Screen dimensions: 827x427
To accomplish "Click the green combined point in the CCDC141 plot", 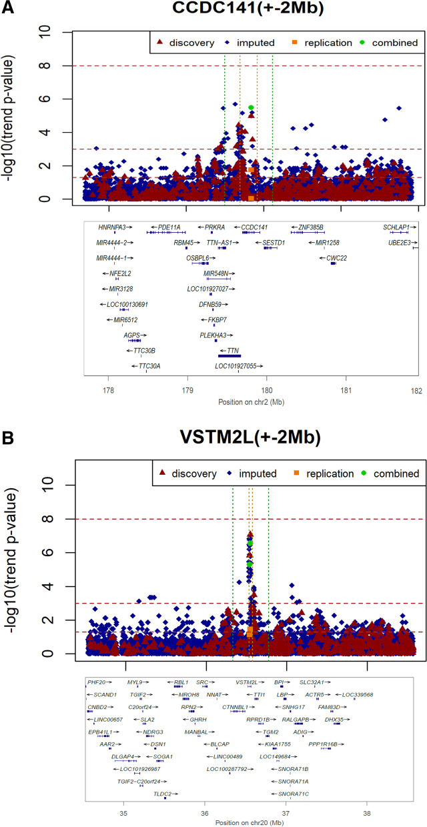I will click(251, 107).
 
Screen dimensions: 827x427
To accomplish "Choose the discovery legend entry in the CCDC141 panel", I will click(188, 43).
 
